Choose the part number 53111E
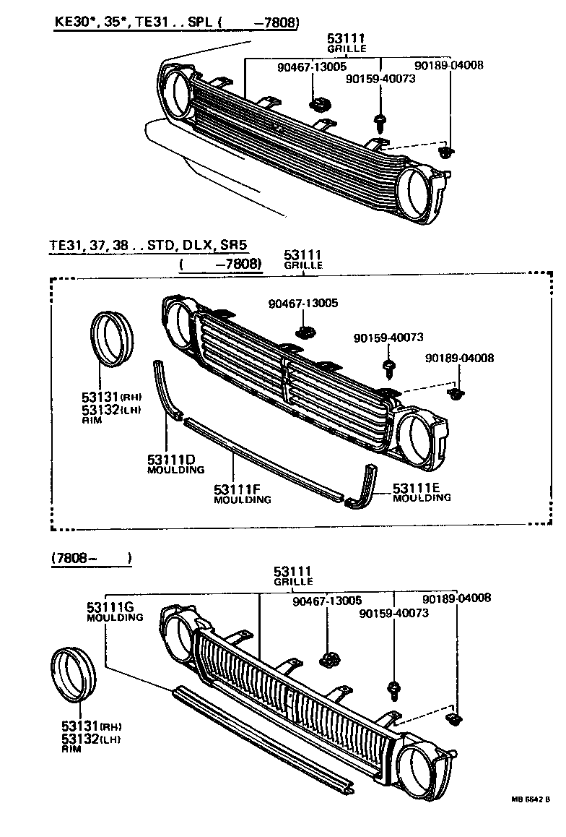click(x=417, y=487)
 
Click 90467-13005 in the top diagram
click(x=311, y=67)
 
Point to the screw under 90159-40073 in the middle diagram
click(x=388, y=367)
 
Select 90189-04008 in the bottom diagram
click(x=456, y=598)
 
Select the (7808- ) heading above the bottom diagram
click(x=91, y=558)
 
